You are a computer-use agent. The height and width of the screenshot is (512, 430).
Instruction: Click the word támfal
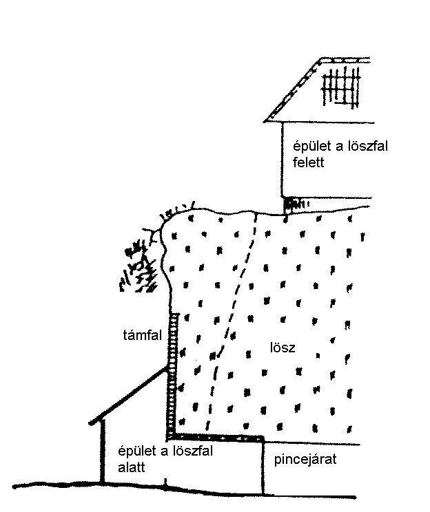(143, 335)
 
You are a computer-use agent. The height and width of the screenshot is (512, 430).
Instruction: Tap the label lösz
(283, 347)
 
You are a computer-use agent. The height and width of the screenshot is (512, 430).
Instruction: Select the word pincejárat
(305, 460)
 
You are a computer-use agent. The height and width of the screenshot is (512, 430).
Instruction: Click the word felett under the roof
(308, 162)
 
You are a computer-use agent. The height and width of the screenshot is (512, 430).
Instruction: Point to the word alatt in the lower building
(132, 467)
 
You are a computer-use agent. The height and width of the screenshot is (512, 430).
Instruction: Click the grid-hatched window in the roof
(341, 87)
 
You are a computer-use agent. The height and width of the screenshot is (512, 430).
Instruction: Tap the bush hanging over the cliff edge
(139, 264)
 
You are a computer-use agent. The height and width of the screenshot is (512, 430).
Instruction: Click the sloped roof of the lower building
(128, 396)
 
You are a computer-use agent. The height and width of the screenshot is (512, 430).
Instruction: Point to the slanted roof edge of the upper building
(292, 90)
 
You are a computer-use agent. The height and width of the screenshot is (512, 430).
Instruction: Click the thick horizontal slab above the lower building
(216, 438)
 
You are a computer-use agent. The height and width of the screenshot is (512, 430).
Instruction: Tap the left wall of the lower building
(103, 451)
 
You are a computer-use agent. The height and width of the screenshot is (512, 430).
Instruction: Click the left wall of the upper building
(283, 160)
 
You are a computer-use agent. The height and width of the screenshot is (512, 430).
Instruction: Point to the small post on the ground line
(165, 482)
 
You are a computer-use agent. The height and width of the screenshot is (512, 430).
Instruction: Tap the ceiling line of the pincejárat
(312, 443)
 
